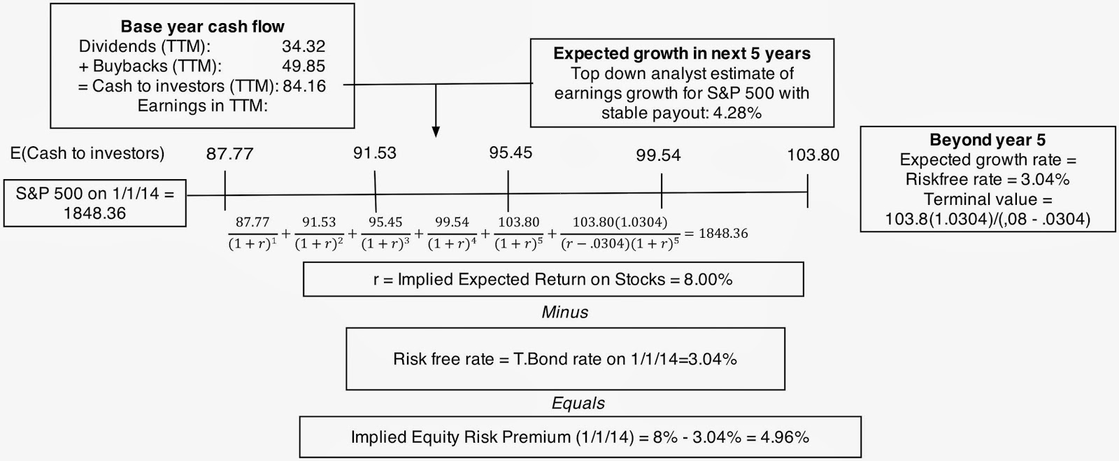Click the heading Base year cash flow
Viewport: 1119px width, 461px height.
202,27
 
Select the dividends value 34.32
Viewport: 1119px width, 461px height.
304,46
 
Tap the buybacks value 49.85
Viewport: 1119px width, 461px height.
304,66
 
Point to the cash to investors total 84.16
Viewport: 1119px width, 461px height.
304,86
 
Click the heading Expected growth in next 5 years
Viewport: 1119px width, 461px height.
682,53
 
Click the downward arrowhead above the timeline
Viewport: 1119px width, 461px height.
436,132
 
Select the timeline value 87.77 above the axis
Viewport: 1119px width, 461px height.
230,154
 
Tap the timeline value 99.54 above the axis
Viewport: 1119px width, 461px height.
658,155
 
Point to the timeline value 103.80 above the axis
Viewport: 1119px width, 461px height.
813,155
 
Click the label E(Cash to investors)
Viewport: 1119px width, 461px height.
87,153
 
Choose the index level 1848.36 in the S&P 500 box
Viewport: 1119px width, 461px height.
94,214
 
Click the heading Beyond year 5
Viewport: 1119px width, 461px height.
987,140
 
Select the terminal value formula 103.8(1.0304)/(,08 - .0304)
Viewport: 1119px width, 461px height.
988,219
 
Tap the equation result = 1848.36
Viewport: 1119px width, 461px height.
716,233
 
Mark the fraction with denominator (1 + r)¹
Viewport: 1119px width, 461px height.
252,233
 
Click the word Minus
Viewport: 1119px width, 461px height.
565,312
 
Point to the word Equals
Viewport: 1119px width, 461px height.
578,403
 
